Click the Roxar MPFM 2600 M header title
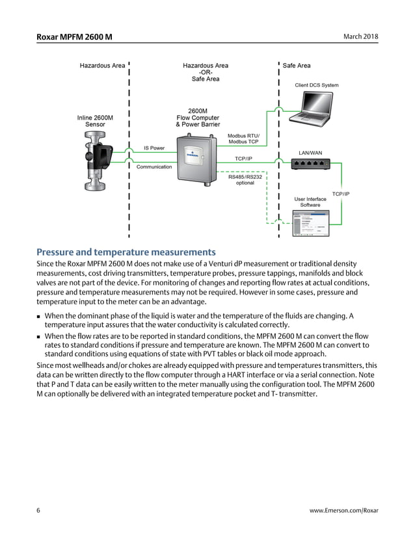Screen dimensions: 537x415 click(x=74, y=36)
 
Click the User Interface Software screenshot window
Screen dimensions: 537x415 click(x=310, y=224)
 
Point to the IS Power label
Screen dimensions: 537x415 click(x=154, y=148)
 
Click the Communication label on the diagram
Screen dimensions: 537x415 click(x=154, y=167)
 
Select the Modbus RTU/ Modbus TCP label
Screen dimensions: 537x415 click(x=243, y=138)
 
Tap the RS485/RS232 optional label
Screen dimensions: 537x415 click(x=245, y=179)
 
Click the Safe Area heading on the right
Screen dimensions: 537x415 click(x=297, y=66)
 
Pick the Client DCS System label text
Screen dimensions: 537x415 click(x=317, y=85)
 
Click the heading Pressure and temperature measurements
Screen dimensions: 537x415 click(x=126, y=252)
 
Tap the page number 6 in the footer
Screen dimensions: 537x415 click(x=38, y=510)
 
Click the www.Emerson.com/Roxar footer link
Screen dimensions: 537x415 click(x=343, y=510)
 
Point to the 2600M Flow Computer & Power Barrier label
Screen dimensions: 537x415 click(x=198, y=118)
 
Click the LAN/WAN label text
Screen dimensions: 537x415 click(x=310, y=153)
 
